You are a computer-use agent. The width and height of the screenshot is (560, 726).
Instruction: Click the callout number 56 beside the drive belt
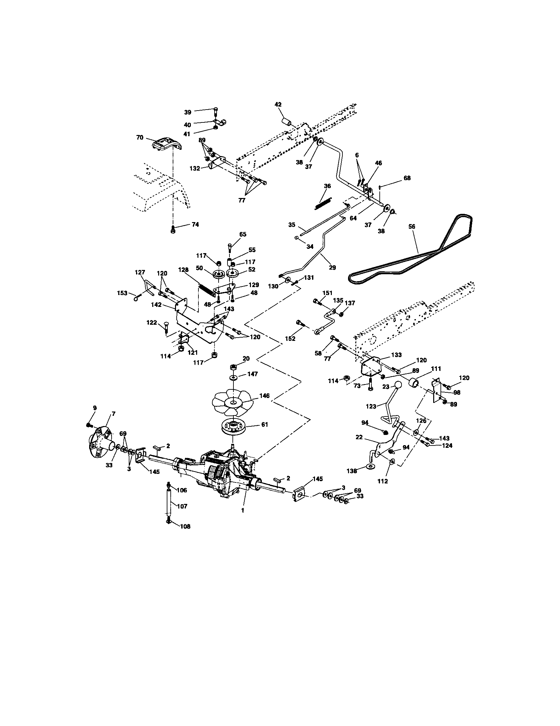412,226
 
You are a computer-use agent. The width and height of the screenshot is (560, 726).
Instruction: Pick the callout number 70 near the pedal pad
140,137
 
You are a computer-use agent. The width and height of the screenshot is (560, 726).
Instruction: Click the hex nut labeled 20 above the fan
233,367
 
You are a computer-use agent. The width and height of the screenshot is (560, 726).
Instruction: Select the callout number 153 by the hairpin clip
122,293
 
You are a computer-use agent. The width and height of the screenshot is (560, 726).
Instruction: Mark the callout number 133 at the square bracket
396,355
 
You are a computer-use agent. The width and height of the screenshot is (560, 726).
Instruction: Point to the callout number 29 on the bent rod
332,267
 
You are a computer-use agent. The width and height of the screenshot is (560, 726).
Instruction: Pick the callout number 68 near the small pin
407,178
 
